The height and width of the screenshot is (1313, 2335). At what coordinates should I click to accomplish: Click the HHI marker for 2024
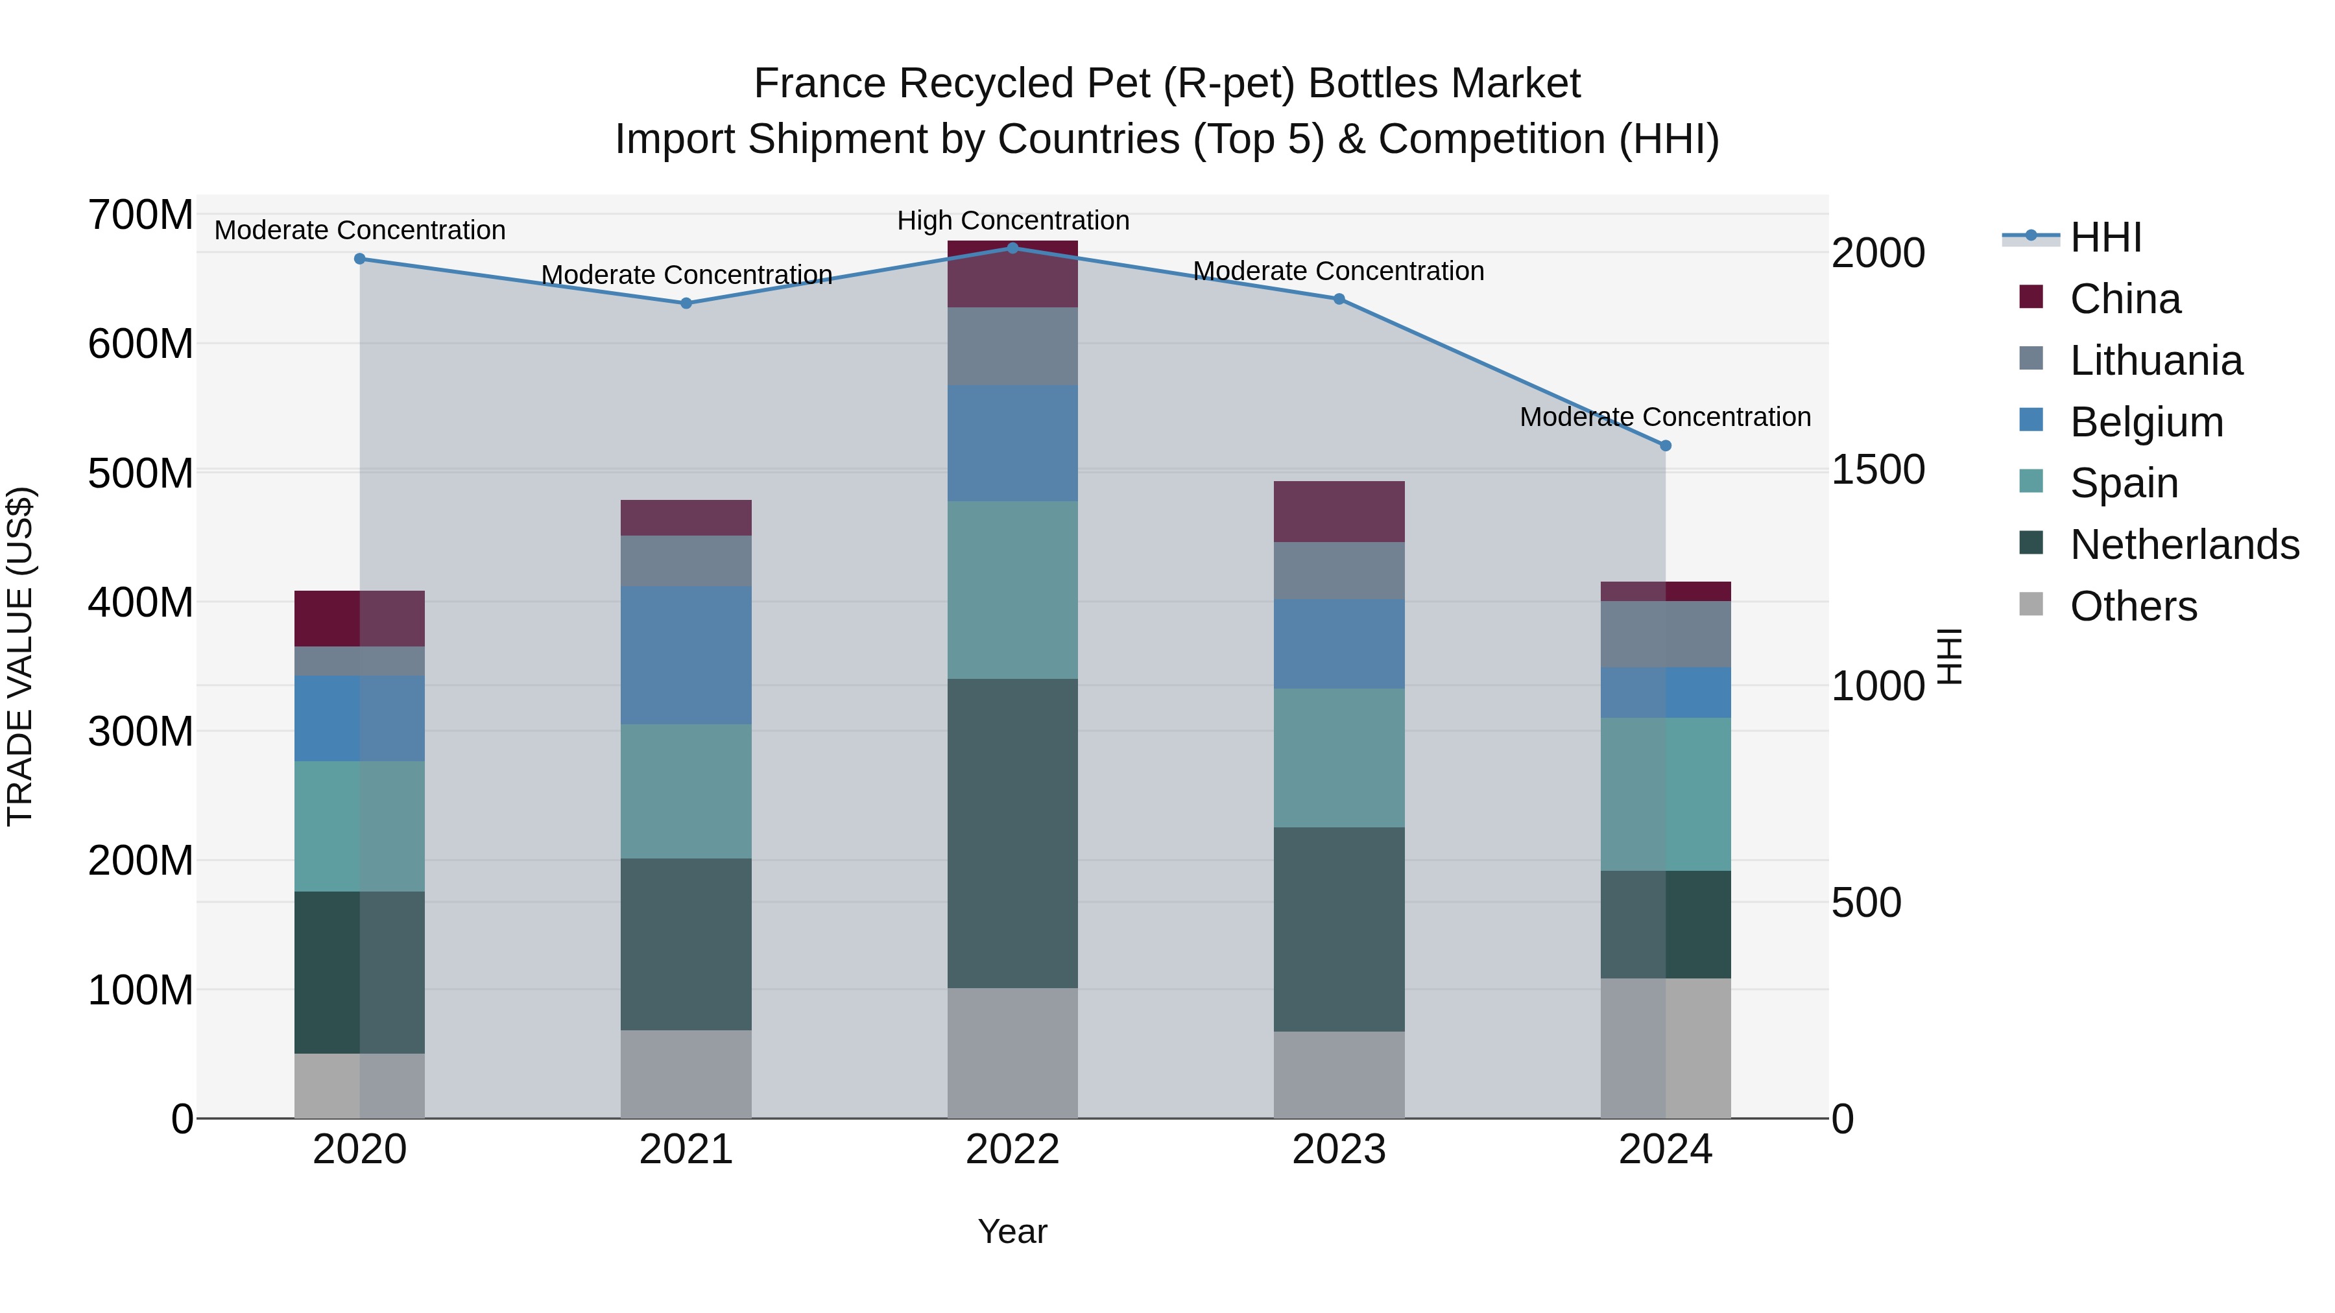click(x=1665, y=446)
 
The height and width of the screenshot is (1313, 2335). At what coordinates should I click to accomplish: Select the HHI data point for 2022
click(x=1012, y=248)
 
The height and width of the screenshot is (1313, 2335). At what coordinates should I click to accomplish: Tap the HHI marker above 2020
click(x=360, y=259)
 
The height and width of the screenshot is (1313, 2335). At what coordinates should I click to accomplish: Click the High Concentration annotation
click(x=1012, y=220)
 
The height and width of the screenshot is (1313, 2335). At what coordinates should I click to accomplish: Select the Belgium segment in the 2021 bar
click(x=686, y=654)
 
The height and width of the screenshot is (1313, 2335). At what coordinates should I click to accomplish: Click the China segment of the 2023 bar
click(x=1339, y=512)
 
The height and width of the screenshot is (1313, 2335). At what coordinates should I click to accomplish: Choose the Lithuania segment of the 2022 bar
click(x=1012, y=346)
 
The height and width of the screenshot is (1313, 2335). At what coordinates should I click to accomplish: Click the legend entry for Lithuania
click(x=2155, y=361)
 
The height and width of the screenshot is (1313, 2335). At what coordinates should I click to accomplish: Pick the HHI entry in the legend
click(x=2105, y=237)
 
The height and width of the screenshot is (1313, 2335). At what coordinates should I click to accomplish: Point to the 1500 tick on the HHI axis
click(x=1877, y=469)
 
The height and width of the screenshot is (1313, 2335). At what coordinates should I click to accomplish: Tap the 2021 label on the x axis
click(x=686, y=1150)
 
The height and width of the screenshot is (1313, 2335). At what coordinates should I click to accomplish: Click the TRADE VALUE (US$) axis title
click(x=20, y=656)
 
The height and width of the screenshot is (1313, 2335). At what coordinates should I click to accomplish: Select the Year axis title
click(x=1012, y=1231)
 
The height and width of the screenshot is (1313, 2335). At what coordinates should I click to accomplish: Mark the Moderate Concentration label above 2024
click(x=1665, y=417)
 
